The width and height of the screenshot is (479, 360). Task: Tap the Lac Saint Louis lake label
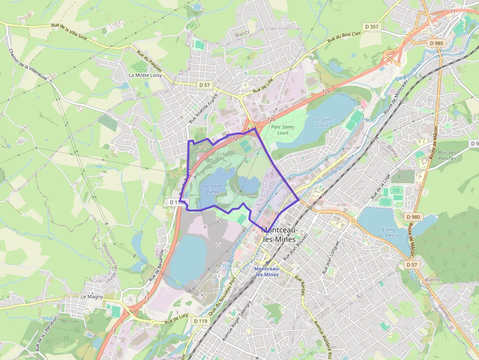coord(322,122)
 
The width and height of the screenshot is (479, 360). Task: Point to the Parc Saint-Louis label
coord(283,130)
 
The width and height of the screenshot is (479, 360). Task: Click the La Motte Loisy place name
coord(145,75)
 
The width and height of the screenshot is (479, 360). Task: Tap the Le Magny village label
coord(90,296)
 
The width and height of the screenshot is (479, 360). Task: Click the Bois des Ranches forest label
coord(447,155)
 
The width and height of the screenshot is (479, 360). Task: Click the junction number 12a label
coord(326,91)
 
